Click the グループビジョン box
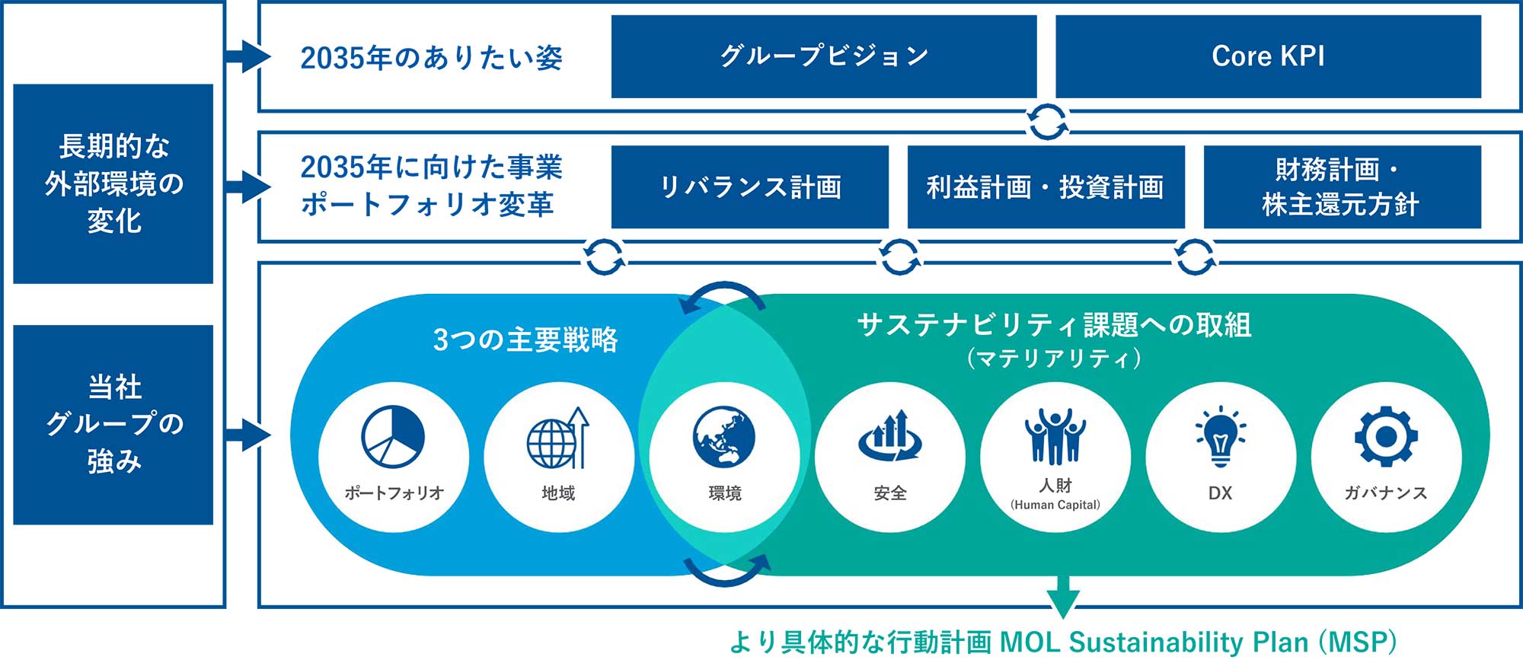click(824, 56)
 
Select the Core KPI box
click(1268, 56)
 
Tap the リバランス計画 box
click(750, 187)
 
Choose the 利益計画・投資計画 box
click(1046, 187)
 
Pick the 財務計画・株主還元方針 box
click(1342, 187)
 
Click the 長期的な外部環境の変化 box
click(113, 183)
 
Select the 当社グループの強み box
click(113, 424)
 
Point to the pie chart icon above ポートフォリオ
click(393, 436)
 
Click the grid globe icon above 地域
click(558, 438)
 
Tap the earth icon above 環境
click(724, 436)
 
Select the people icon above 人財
click(1055, 436)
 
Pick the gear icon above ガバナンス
click(1386, 436)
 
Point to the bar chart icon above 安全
click(889, 436)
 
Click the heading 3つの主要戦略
click(525, 340)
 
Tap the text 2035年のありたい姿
click(432, 58)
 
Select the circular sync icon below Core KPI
click(1047, 122)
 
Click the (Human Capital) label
click(1055, 505)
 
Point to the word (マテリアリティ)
click(1055, 358)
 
